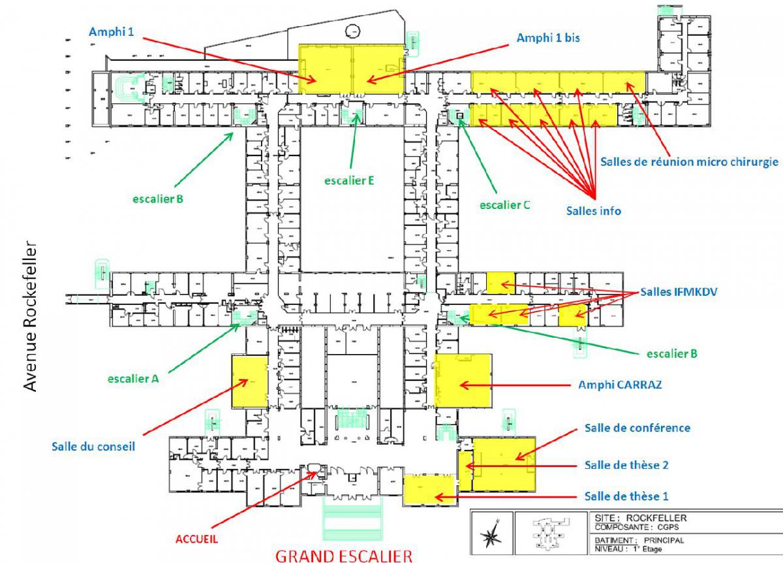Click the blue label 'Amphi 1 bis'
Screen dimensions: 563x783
point(548,39)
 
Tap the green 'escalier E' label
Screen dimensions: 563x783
point(349,181)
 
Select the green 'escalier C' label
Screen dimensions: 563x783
point(504,204)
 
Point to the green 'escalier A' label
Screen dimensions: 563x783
point(133,378)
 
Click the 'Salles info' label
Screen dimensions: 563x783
point(593,211)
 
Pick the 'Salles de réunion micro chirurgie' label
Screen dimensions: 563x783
point(689,161)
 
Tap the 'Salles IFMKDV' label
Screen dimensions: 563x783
point(679,293)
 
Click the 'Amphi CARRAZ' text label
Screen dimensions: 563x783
point(620,385)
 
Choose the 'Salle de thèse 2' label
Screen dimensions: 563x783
point(626,465)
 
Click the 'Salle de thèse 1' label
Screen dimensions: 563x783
point(626,496)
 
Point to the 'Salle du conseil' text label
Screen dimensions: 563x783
point(93,447)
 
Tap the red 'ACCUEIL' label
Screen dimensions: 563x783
point(196,539)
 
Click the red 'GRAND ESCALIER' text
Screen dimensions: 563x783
point(344,556)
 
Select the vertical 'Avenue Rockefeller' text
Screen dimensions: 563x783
point(29,316)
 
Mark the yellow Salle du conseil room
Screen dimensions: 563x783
point(250,381)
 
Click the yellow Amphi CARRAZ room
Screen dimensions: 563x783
point(463,380)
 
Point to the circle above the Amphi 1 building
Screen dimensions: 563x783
point(352,29)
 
